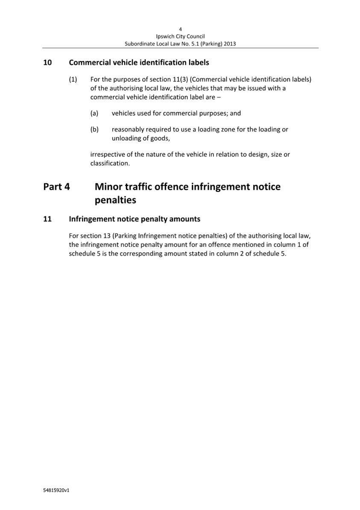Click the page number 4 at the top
coord(180,29)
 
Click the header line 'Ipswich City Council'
coord(180,36)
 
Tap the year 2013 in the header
coord(229,44)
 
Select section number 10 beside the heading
coord(47,62)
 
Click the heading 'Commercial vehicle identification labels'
coord(139,62)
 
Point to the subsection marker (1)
coord(73,79)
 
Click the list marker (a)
coord(94,113)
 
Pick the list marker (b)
coord(94,129)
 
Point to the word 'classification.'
coord(110,163)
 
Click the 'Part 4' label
coord(56,187)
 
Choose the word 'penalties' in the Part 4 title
coord(115,199)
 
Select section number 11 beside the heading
coord(47,219)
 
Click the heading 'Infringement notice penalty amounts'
coord(135,219)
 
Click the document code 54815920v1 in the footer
coord(56,490)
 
